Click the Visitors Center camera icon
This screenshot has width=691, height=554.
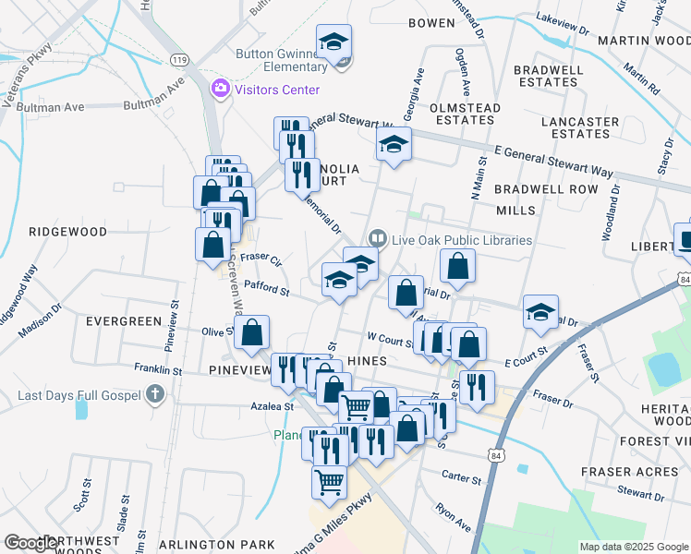tap(221, 90)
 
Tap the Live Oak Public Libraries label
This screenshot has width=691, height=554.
tap(462, 240)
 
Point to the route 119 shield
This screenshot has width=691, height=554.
tap(179, 59)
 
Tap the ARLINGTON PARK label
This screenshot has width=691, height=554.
tap(217, 545)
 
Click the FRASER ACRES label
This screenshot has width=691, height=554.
tap(630, 472)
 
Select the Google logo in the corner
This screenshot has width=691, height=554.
tap(31, 543)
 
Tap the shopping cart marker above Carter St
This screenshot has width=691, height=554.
tap(330, 482)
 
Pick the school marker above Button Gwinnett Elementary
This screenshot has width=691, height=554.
tap(334, 42)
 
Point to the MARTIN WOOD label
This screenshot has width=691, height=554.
tap(643, 41)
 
